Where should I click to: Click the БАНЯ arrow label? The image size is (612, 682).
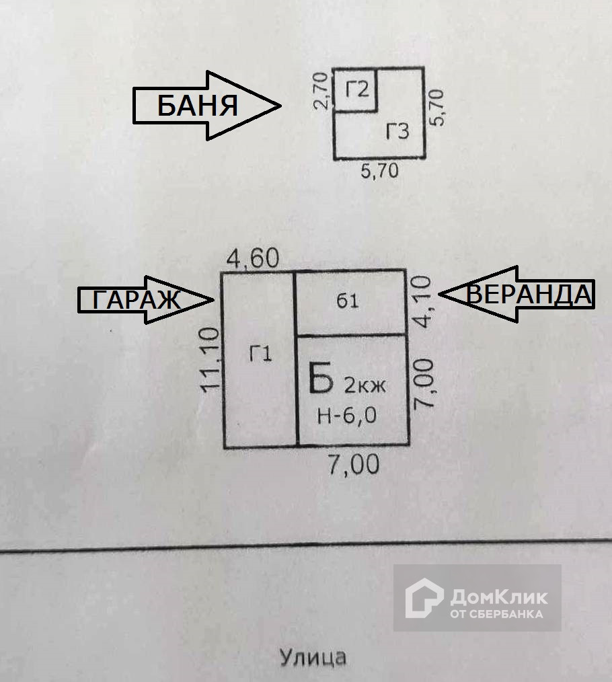(199, 106)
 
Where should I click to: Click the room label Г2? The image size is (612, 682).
(358, 89)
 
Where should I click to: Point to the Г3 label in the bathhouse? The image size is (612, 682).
(397, 131)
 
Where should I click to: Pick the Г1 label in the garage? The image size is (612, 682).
(260, 354)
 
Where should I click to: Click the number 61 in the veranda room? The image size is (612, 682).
(348, 301)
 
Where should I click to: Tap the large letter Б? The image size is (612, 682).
(321, 379)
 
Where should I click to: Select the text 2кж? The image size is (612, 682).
(366, 385)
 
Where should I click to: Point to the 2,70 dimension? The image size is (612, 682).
(322, 90)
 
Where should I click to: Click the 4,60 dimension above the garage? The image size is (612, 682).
(252, 258)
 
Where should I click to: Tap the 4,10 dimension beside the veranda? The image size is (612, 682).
(423, 302)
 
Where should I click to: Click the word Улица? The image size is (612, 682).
(313, 656)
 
